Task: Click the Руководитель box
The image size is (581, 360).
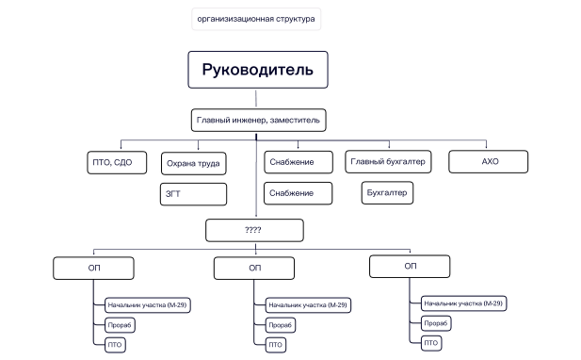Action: pos(257,70)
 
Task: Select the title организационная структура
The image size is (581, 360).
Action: pos(257,18)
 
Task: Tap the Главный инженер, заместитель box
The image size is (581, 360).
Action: pos(259,121)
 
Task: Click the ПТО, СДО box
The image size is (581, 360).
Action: pos(112,162)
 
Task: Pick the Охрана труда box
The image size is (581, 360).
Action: pos(193,164)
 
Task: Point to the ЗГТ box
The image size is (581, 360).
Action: pos(193,194)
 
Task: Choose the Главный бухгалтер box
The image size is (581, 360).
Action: pos(389,162)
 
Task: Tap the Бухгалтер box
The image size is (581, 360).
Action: pos(387,193)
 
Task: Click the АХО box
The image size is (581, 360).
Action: pos(490,161)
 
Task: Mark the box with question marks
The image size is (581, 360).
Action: pos(254,229)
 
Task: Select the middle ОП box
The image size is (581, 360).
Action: pos(254,268)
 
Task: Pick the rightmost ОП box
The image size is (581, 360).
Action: pos(410,266)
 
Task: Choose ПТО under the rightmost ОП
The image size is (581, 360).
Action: pos(430,342)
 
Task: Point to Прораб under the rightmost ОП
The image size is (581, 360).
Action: pos(434,323)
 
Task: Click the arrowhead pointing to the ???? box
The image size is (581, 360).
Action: pos(256,216)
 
